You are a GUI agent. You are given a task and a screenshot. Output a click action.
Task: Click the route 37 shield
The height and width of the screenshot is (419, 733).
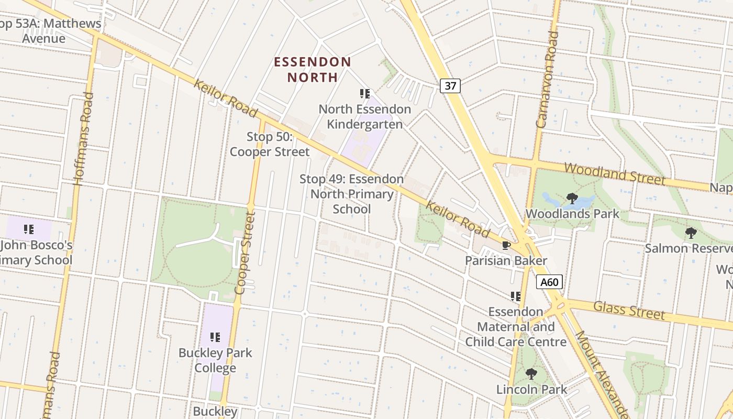coord(450,85)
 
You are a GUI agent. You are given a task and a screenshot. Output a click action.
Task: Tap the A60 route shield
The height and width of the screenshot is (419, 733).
coord(549,282)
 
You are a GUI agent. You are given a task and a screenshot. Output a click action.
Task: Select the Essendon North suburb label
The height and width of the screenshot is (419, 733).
coord(313,69)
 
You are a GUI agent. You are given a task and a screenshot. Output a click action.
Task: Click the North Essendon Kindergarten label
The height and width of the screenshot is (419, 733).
coord(365,117)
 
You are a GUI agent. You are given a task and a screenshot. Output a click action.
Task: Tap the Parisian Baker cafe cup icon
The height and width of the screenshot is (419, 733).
coord(506,245)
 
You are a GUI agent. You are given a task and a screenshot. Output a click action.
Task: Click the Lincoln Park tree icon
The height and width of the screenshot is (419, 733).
coord(531,374)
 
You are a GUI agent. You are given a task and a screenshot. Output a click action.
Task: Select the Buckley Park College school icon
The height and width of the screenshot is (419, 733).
coord(215,337)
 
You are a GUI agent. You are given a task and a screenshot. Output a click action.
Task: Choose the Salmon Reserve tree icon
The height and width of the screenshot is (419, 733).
coord(691,233)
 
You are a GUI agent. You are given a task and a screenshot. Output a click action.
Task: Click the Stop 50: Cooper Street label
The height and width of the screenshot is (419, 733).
coord(270,145)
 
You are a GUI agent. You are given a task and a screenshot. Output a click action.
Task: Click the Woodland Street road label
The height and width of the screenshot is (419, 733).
coord(615,174)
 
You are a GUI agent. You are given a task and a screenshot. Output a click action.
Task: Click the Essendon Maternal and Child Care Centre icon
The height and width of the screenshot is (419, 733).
coord(516,296)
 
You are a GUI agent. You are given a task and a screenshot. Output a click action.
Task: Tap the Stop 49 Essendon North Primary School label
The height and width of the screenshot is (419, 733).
coord(351,194)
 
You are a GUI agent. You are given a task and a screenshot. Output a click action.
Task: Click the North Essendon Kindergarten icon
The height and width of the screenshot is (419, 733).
coord(365,94)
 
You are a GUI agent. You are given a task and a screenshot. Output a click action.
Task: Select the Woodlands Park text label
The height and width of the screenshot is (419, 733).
coord(572,214)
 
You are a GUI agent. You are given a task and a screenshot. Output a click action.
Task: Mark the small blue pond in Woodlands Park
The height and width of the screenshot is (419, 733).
coord(555,200)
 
